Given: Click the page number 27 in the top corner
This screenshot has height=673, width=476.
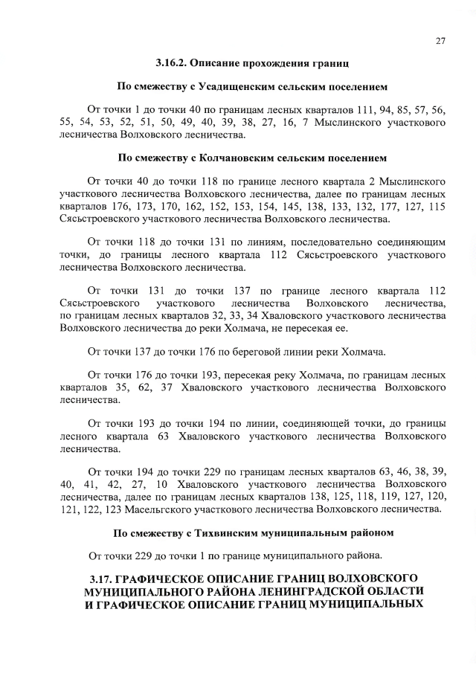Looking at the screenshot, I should click(x=440, y=42).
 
